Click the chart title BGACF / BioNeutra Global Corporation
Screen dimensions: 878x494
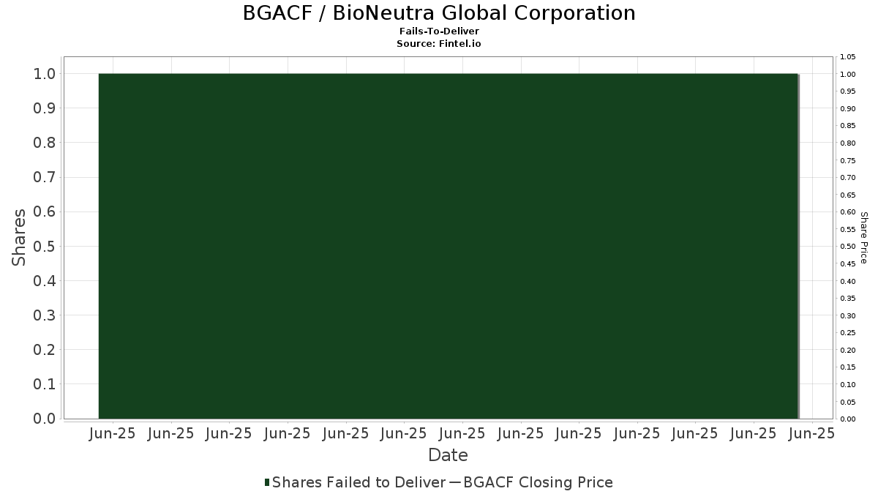click(439, 13)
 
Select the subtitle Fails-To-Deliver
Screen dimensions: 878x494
click(439, 31)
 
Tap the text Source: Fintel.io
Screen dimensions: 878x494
click(438, 43)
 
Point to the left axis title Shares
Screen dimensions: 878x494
click(18, 237)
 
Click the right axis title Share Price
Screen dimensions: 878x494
click(864, 238)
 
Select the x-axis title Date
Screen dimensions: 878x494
click(448, 455)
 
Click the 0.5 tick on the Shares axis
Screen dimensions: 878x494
click(45, 246)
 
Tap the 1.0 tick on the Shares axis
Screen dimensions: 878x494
click(45, 74)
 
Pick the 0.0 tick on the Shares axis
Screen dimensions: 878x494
click(45, 419)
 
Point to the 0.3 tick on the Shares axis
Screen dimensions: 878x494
click(45, 315)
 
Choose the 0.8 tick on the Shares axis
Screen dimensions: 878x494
click(45, 143)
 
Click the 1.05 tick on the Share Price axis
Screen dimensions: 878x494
click(848, 57)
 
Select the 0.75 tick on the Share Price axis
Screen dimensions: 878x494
click(848, 160)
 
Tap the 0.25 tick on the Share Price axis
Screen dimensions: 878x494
click(848, 333)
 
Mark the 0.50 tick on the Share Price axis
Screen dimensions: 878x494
click(848, 246)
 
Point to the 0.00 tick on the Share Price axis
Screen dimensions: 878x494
click(848, 419)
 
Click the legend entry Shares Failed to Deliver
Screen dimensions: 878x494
click(359, 482)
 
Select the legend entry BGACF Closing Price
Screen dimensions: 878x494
click(538, 482)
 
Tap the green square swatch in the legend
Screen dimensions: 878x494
click(267, 482)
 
